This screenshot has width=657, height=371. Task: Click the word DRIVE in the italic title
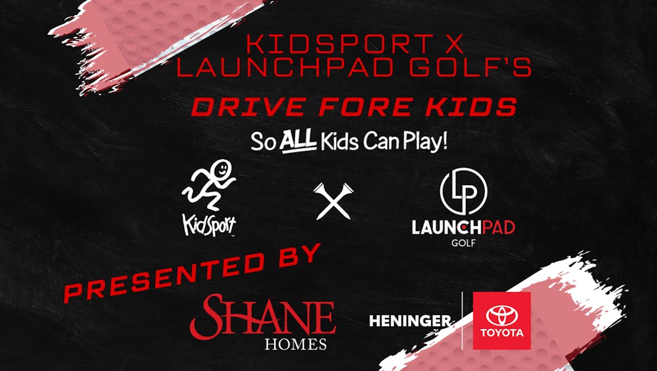coord(248,107)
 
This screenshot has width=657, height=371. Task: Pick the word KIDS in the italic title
coord(471,107)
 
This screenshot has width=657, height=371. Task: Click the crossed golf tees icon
coord(334,201)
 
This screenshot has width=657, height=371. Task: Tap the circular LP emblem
coord(463,191)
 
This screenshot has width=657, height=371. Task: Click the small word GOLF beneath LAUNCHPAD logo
coord(463,242)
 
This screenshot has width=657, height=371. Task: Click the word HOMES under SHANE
coord(296,344)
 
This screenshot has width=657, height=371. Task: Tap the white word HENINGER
coord(410,321)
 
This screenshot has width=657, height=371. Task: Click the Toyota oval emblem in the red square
coord(502,316)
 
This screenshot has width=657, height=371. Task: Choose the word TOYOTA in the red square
coord(502,334)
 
